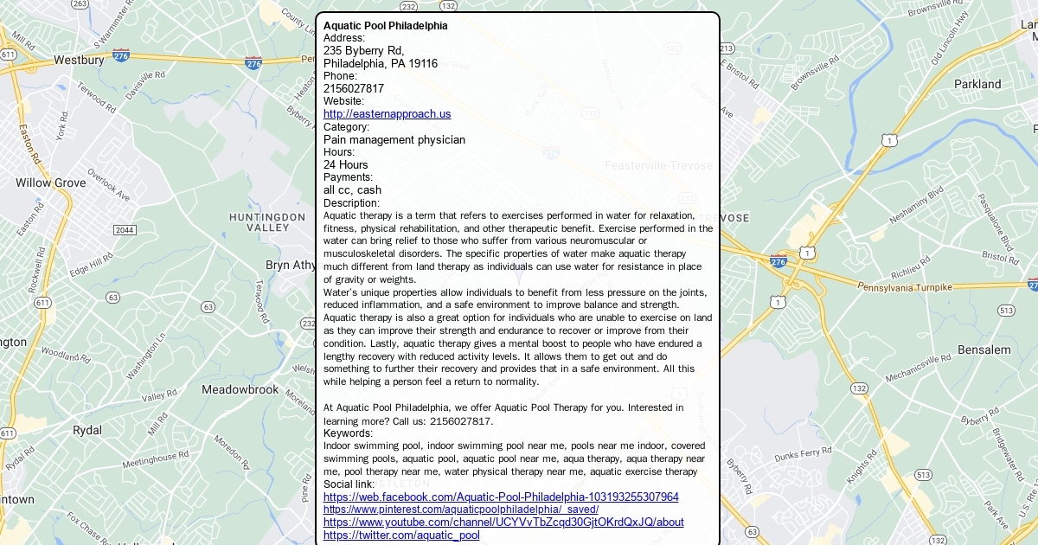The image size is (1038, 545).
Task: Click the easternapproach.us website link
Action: (387, 114)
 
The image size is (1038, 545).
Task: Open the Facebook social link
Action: (501, 497)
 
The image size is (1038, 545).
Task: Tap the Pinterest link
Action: (460, 510)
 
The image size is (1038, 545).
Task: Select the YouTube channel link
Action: (503, 523)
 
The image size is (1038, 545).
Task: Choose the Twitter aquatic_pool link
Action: (401, 535)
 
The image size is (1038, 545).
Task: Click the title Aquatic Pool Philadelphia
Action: (385, 26)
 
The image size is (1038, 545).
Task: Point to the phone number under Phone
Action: (353, 88)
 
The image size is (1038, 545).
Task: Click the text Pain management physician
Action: (394, 139)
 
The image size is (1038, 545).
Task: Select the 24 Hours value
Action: (345, 164)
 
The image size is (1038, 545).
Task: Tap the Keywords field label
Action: (348, 433)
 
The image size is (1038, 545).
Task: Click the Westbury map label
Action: (79, 61)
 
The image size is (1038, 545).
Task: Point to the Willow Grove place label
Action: (50, 183)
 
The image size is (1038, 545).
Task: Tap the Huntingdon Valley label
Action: (267, 221)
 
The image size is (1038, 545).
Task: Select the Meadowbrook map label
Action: (240, 390)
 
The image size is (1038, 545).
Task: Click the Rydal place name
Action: (87, 430)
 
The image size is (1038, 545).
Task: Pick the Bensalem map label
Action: (984, 350)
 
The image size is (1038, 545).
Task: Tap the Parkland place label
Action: (977, 85)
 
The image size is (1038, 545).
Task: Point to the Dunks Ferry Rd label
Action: (803, 455)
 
